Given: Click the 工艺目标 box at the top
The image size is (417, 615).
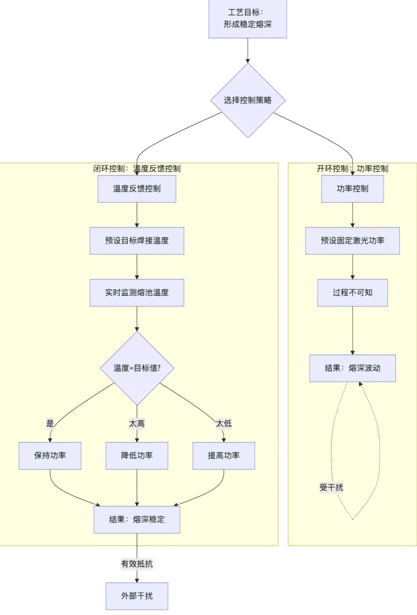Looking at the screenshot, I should [x=247, y=18].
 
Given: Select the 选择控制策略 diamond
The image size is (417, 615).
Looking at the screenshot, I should [x=247, y=100].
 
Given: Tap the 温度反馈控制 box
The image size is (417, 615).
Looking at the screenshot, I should [x=137, y=189].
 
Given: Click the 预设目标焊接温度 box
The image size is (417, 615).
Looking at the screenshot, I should [x=137, y=240].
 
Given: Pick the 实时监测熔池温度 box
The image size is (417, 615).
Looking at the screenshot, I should [x=137, y=293].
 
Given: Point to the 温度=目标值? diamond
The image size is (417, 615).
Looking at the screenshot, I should [x=137, y=368].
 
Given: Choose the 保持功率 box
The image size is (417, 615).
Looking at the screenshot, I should [x=50, y=456].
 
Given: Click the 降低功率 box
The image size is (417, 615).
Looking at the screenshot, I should [x=137, y=456].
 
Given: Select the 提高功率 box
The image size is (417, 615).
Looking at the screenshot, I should [x=223, y=456].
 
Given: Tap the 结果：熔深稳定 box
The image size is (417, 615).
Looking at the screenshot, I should [x=137, y=519].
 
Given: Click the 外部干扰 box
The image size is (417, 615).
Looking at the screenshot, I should [x=137, y=596].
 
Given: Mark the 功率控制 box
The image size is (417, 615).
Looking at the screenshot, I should [x=353, y=189].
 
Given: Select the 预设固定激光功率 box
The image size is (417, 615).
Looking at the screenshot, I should [x=353, y=240].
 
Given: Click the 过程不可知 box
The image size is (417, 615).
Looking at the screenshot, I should [x=353, y=293].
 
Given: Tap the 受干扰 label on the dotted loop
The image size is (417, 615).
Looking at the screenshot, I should [x=331, y=487].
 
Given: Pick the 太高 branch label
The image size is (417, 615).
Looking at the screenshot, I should [x=137, y=424].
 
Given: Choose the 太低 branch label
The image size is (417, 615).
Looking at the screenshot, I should [x=223, y=424].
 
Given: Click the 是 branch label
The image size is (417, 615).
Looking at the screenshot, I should [x=51, y=424].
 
